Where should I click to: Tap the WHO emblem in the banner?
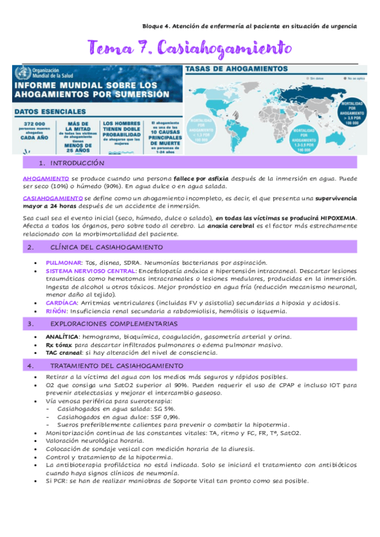coord(23,73)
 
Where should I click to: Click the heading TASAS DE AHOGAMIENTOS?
coord(233,70)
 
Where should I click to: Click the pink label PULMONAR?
coord(64,262)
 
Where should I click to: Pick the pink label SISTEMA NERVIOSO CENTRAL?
coord(91,271)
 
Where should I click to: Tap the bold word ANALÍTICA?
coord(62,337)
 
